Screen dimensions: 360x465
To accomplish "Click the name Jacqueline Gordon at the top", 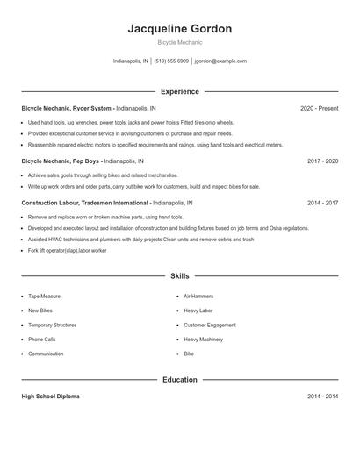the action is click(179, 29).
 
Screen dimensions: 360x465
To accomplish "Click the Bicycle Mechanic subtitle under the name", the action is click(179, 42).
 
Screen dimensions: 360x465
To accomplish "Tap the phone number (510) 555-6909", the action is click(171, 61).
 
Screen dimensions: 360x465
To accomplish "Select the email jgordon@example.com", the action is click(220, 61).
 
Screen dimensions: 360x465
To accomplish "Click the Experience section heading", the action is click(179, 91).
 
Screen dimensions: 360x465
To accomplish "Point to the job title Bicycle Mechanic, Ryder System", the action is click(67, 109).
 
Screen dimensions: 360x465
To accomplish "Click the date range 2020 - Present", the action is click(319, 109).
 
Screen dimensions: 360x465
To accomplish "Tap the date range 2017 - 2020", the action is click(322, 161).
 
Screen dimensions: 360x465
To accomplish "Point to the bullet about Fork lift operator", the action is click(67, 251).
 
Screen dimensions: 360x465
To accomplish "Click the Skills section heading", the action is click(179, 276).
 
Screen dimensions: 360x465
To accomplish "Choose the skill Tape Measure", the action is click(44, 297).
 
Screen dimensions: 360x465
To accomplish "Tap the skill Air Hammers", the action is click(198, 297).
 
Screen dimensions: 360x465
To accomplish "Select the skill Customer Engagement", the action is click(210, 325).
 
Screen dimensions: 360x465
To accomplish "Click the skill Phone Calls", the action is click(41, 340).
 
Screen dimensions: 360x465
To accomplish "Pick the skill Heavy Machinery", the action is click(203, 340).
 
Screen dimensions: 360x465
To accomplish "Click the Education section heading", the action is click(179, 380).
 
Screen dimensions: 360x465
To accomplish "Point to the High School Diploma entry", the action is click(50, 397).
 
